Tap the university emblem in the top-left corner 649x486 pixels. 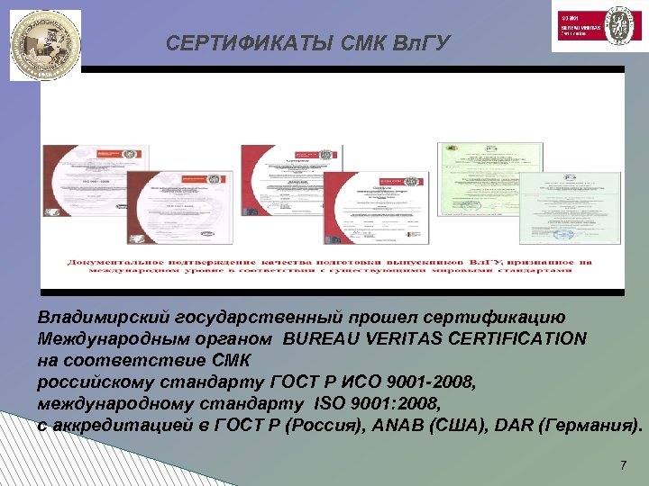[x=45, y=45]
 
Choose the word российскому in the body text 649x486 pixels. [x=89, y=382]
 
